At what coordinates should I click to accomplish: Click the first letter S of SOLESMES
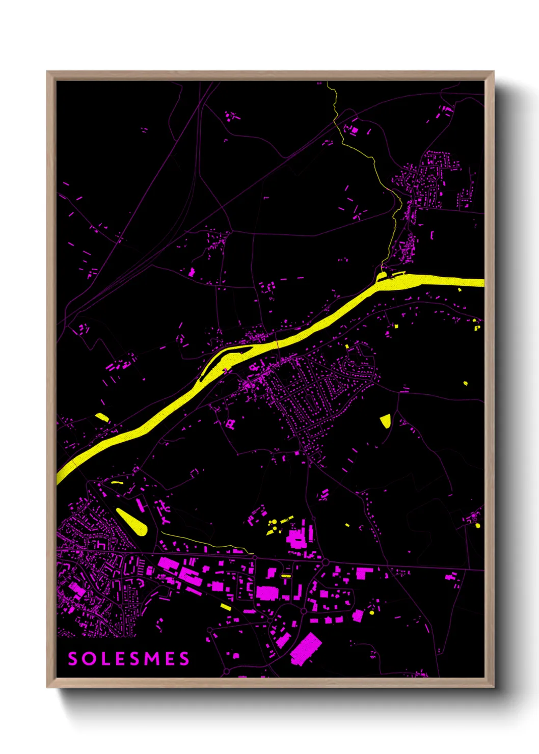click(x=73, y=659)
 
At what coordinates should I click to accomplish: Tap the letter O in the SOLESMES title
click(x=88, y=659)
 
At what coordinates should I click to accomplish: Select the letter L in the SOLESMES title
click(x=103, y=659)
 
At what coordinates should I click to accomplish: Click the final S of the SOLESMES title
click(x=184, y=659)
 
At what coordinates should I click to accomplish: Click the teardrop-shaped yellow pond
click(x=133, y=522)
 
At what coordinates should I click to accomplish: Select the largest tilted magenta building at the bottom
click(x=306, y=649)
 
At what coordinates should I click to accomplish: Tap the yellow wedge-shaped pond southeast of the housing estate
click(x=386, y=421)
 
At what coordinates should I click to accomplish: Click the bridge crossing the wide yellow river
click(x=277, y=345)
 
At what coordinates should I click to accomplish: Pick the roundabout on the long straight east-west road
click(x=325, y=562)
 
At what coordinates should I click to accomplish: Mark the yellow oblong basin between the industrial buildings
click(x=286, y=576)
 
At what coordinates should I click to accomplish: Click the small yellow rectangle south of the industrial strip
click(x=226, y=607)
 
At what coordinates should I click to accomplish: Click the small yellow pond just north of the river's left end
click(x=102, y=417)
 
